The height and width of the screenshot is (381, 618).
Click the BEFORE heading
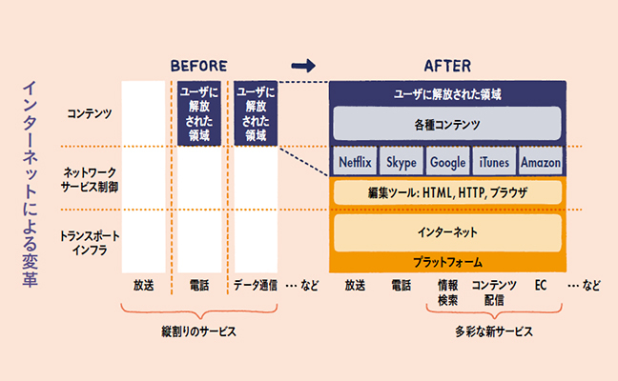[199, 66]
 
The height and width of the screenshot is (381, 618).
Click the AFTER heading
[446, 66]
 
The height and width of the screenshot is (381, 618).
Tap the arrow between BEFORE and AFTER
[302, 66]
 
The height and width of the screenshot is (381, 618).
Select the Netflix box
[355, 163]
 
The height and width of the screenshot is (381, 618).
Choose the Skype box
[402, 163]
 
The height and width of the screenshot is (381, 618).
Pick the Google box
[447, 163]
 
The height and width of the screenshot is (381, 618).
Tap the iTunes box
[494, 163]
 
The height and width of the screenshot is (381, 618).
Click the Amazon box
[541, 163]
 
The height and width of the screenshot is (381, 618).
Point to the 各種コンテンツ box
[447, 125]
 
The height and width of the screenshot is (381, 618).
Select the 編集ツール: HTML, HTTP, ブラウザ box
[447, 193]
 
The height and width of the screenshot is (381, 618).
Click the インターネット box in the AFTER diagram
[447, 231]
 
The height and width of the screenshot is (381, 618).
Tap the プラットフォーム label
[447, 260]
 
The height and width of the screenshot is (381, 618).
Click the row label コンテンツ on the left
[89, 113]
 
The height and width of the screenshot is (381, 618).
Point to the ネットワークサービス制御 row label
[89, 179]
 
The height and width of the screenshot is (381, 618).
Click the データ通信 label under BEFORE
[255, 285]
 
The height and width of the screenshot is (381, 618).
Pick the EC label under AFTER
[541, 285]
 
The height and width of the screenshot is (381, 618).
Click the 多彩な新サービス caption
[493, 332]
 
